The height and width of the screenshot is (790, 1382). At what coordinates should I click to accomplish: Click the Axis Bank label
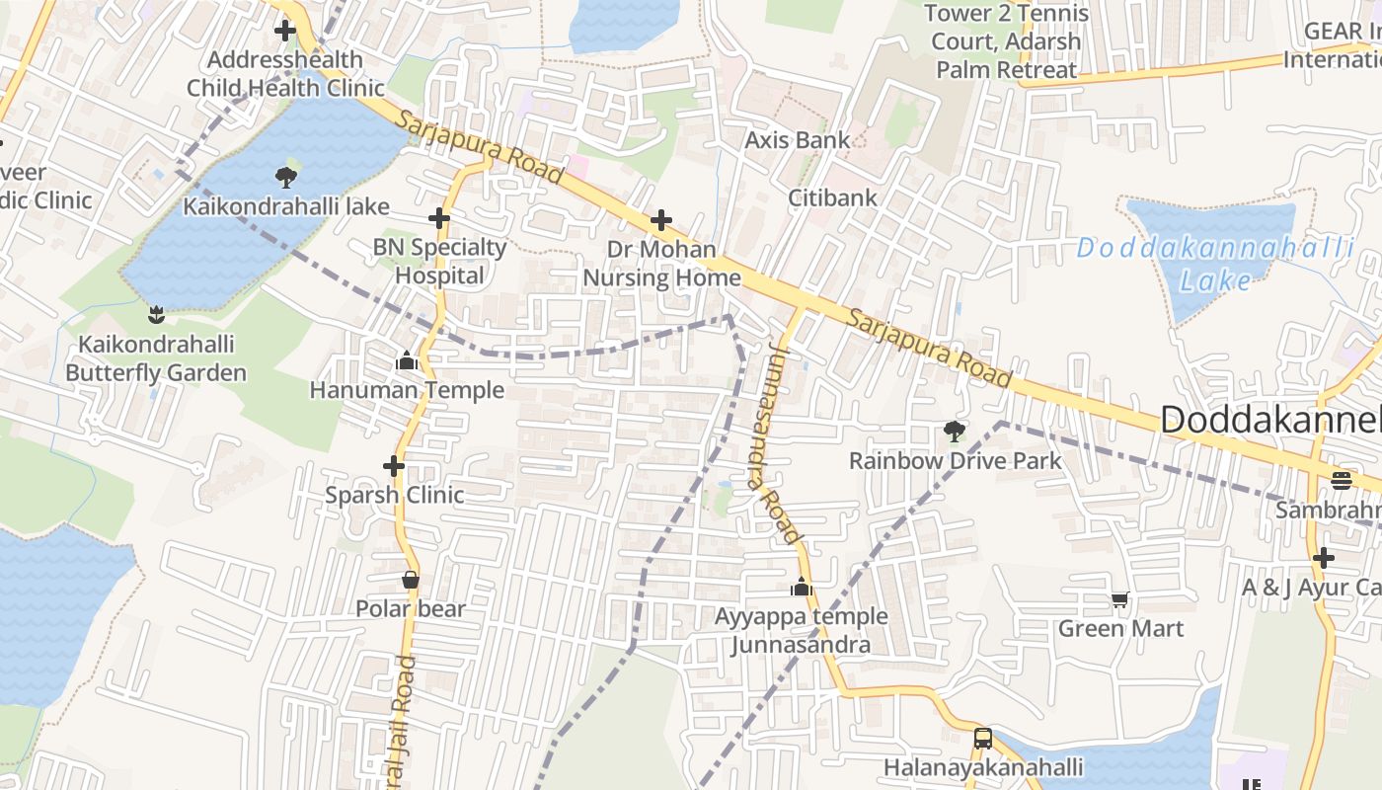797,140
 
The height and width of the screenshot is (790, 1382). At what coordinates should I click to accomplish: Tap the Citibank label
832,197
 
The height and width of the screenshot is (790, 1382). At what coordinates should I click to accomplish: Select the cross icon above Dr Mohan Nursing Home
661,220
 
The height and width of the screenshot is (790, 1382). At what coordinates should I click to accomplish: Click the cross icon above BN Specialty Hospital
439,218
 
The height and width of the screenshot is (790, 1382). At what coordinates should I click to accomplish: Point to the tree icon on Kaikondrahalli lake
286,178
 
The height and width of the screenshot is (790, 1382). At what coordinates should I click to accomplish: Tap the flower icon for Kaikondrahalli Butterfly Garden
155,315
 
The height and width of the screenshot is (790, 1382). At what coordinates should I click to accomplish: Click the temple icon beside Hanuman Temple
406,361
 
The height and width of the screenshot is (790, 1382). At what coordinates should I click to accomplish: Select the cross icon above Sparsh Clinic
394,465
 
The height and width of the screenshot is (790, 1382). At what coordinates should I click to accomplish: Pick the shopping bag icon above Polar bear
411,580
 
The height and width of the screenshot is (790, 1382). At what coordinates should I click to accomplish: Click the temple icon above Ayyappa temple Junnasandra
801,588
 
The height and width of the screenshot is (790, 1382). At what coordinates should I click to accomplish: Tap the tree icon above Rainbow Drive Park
955,431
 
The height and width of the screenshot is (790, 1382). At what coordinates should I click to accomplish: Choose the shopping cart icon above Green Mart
1120,599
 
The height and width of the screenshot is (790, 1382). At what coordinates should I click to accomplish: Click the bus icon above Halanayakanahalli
983,738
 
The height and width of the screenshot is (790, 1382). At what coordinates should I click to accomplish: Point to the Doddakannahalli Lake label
1215,264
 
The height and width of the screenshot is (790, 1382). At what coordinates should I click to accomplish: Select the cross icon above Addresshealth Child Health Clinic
285,31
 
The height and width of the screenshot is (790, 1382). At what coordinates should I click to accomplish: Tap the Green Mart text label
1120,628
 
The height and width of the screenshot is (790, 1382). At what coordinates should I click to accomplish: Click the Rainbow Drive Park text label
955,460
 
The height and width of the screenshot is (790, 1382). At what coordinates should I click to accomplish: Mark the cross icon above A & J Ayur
1324,558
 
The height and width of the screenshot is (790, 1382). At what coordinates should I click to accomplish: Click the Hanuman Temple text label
407,390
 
